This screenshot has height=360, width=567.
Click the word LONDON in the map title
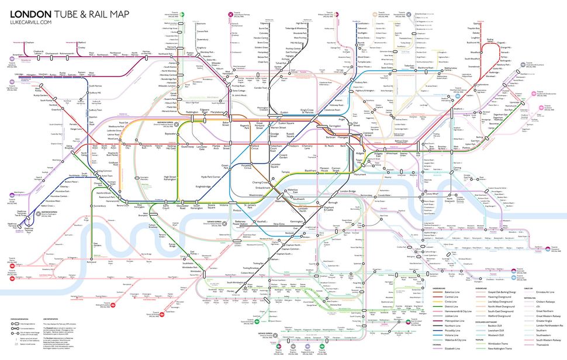[30, 12]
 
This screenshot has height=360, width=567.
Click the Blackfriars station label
[298, 170]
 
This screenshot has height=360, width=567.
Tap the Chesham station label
[30, 42]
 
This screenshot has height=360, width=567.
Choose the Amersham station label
[11, 53]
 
